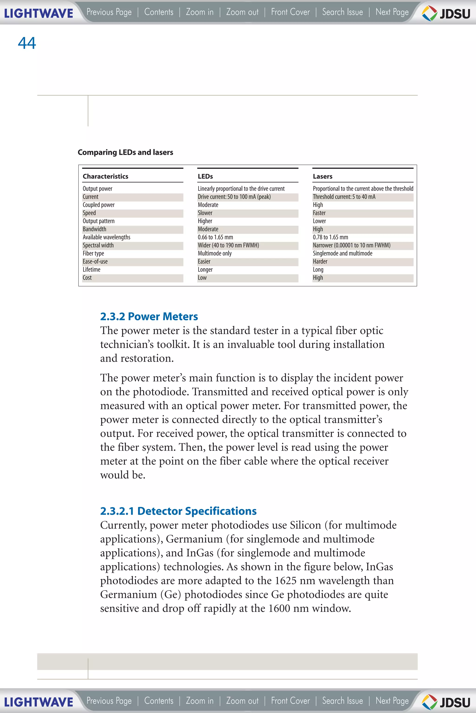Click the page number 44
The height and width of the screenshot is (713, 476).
27,43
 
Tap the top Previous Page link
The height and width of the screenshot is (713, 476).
109,12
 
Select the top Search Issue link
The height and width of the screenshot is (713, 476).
342,12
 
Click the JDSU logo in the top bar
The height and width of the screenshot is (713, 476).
446,13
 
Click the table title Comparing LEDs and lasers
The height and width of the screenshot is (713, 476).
125,152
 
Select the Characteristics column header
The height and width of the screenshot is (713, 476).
105,176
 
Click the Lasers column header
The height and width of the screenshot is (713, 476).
322,176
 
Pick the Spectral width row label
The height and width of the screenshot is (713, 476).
98,245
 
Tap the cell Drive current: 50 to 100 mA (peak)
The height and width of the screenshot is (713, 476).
234,197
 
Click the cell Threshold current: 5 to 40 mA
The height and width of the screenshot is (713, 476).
344,197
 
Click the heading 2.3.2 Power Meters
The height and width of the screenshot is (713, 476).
149,316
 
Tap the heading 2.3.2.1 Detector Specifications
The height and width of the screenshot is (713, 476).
178,511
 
